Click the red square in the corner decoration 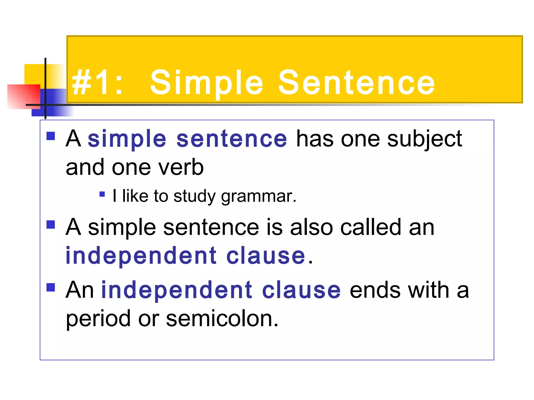[23, 96]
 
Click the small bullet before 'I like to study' [102, 194]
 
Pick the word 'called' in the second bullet [370, 227]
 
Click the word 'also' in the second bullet [311, 227]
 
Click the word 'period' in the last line [98, 319]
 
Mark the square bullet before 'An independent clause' [51, 287]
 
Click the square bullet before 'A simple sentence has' [51, 136]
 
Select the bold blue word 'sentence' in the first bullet [232, 139]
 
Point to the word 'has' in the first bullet [315, 139]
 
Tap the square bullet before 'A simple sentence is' [51, 224]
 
